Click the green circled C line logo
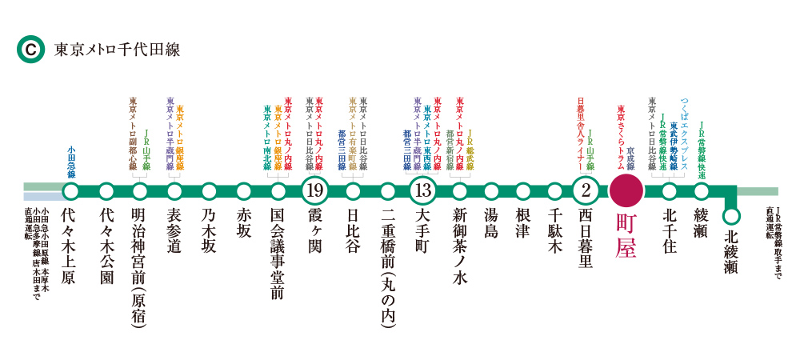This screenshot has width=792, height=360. click(30, 50)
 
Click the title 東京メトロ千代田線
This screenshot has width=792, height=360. click(117, 50)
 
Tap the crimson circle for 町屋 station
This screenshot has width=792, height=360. click(625, 191)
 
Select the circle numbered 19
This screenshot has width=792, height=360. click(314, 191)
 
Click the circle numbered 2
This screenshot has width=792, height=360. click(586, 191)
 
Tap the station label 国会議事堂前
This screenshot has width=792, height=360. click(278, 254)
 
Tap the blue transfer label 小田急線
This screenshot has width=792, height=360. click(71, 162)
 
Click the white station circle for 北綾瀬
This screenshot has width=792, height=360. click(730, 217)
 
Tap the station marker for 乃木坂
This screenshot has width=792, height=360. click(210, 191)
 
